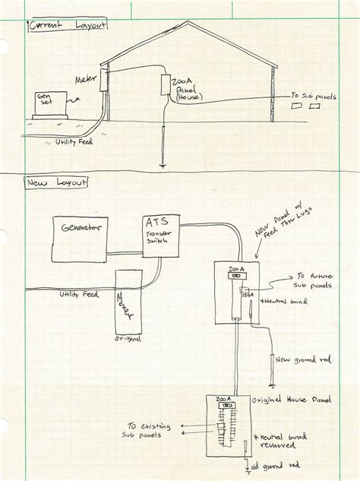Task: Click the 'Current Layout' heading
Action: [67, 26]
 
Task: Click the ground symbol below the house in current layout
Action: [162, 163]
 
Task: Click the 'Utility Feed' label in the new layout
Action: [79, 293]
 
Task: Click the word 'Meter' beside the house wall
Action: [84, 78]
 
